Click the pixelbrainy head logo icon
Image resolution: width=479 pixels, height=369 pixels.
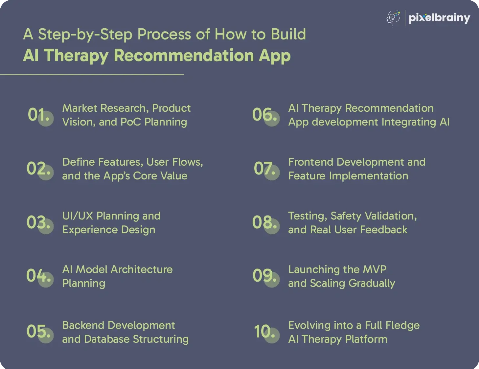[394, 18]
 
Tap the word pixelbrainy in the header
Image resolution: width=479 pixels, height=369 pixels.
[440, 18]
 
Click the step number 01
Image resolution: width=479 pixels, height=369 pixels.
[38, 115]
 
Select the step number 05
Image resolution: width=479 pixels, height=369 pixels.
[38, 331]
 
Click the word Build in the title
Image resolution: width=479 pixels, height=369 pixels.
[288, 35]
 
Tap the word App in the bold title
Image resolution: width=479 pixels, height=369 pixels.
[275, 56]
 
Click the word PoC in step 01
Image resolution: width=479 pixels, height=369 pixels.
[131, 122]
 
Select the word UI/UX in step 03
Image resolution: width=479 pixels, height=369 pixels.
[78, 216]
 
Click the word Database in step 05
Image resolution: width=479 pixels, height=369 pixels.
[107, 339]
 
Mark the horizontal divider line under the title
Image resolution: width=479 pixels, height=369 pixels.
[92, 75]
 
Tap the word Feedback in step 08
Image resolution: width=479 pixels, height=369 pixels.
[383, 230]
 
